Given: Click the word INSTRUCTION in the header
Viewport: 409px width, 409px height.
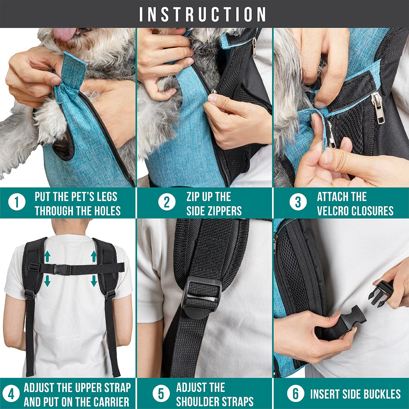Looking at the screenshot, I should click(x=203, y=14).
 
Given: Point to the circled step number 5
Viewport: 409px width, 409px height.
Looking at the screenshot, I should click(x=161, y=394).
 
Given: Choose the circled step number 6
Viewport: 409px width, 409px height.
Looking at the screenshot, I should click(x=295, y=394).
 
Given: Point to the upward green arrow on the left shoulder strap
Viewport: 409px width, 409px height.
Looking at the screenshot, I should click(x=47, y=257).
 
